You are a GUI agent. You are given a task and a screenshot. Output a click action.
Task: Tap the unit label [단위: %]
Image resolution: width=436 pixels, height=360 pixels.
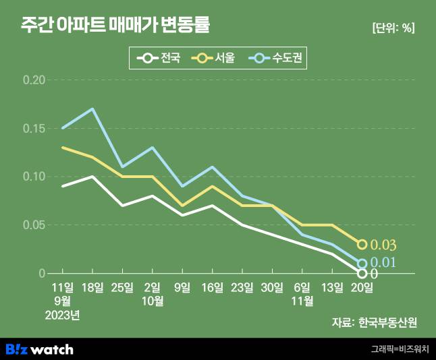click(393, 28)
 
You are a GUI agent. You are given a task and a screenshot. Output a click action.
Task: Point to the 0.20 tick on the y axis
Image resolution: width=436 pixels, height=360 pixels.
click(34, 80)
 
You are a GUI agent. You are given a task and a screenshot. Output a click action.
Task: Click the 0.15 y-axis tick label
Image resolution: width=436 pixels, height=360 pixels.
click(34, 128)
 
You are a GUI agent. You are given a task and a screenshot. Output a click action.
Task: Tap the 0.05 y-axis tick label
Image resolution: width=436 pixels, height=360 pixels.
click(34, 225)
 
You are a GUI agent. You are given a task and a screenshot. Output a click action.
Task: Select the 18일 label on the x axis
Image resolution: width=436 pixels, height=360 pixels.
click(92, 287)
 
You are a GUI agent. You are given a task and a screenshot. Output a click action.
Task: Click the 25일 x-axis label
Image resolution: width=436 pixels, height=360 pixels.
click(122, 287)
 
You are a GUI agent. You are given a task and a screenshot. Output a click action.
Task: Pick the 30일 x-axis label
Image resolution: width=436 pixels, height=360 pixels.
click(272, 287)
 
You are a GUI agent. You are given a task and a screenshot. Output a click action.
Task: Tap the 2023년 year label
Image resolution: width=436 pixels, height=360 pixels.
click(63, 314)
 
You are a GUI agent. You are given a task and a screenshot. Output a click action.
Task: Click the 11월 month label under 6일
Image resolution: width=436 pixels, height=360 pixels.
click(302, 301)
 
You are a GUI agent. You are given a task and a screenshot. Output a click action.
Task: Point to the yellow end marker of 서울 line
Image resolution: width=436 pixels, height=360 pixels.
click(362, 244)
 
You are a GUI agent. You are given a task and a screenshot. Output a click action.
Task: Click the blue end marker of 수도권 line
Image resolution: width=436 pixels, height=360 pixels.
click(362, 264)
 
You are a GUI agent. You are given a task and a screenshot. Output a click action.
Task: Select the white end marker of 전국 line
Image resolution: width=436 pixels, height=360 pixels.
click(362, 273)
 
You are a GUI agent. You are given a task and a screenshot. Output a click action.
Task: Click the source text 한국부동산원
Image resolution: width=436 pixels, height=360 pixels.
click(393, 322)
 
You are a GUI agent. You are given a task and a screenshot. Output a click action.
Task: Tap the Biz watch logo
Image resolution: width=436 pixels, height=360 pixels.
click(39, 349)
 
